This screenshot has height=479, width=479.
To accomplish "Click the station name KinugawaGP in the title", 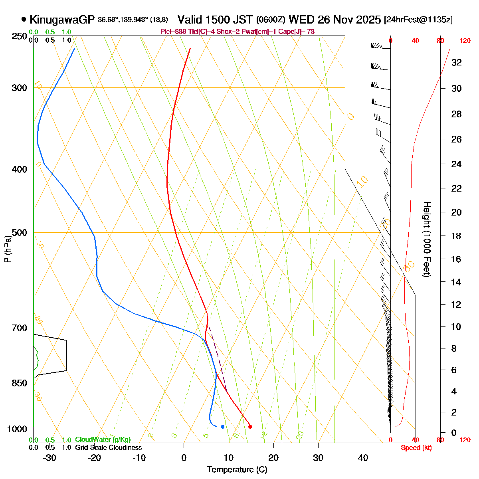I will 62,20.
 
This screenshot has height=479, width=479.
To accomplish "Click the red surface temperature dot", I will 250,427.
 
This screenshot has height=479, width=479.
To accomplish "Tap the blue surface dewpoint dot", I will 222,427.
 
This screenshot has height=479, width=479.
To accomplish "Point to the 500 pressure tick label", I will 20,233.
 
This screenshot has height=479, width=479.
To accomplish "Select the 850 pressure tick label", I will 20,383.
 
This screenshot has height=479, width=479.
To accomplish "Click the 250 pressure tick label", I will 20,37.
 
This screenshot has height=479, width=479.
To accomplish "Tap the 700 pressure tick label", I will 20,328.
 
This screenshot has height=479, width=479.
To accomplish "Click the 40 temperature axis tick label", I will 363,458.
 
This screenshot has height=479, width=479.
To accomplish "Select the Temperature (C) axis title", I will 237,470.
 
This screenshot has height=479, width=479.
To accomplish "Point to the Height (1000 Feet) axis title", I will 426,239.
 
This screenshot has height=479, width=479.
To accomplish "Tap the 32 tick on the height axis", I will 456,63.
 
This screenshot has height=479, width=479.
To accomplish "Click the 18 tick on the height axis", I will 456,236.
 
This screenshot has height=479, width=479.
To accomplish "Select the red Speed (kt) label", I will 416,448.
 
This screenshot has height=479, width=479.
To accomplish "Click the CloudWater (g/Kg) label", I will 103,440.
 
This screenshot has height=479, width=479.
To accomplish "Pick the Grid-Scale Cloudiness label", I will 108,448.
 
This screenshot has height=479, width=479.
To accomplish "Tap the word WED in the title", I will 302,20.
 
